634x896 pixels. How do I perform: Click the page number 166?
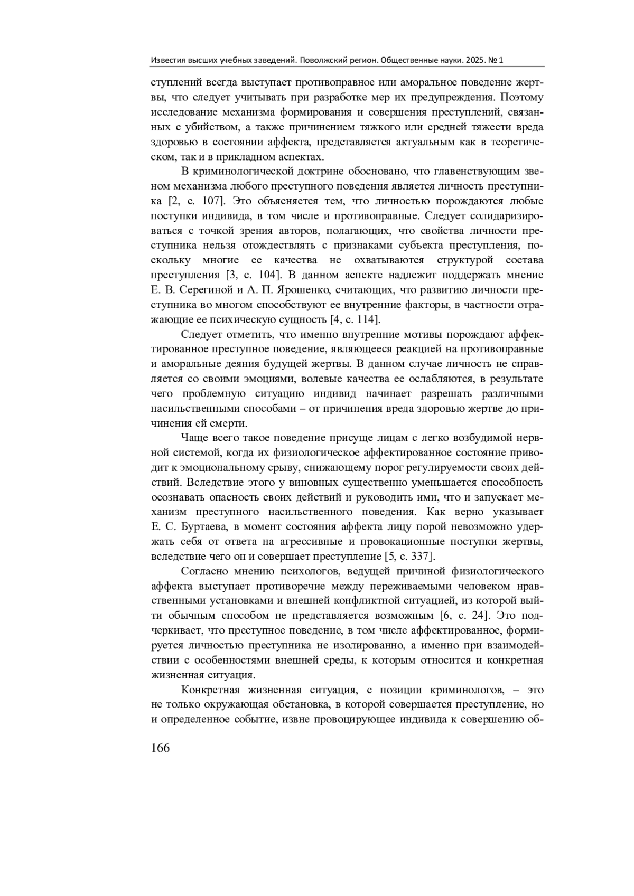[x=161, y=748]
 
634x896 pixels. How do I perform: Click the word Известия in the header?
[x=167, y=60]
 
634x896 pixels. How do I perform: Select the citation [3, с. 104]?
[x=250, y=275]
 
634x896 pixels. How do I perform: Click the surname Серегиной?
[x=203, y=290]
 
